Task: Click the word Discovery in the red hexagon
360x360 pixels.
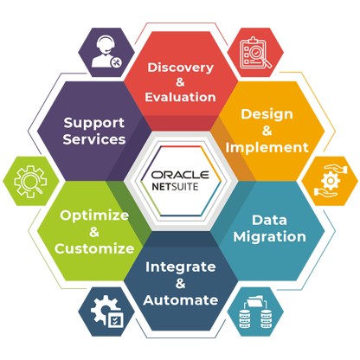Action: pyautogui.click(x=181, y=68)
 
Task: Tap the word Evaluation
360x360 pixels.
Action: pyautogui.click(x=181, y=97)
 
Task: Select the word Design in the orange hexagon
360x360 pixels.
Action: pyautogui.click(x=267, y=115)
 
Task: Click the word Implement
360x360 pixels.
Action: pyautogui.click(x=267, y=148)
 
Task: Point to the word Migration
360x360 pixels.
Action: pyautogui.click(x=269, y=237)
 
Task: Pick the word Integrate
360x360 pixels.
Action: pyautogui.click(x=181, y=267)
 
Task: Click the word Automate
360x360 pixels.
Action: pyautogui.click(x=181, y=300)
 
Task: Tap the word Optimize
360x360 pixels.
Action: pyautogui.click(x=94, y=215)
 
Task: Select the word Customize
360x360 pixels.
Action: pyautogui.click(x=94, y=248)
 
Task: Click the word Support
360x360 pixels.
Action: pyautogui.click(x=94, y=124)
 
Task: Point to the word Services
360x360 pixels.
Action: pyautogui.click(x=94, y=139)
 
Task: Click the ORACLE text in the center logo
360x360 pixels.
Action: pyautogui.click(x=180, y=175)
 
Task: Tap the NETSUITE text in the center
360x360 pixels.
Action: pyautogui.click(x=175, y=187)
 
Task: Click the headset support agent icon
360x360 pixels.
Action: pyautogui.click(x=106, y=52)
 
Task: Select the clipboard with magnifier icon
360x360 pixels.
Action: pyautogui.click(x=255, y=53)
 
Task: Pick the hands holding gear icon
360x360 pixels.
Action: pyautogui.click(x=330, y=181)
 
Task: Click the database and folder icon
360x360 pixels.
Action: pyautogui.click(x=255, y=312)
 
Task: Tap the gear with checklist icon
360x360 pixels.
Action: pyautogui.click(x=106, y=311)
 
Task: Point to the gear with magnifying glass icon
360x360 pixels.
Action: pyautogui.click(x=30, y=182)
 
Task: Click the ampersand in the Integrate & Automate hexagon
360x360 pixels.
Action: pyautogui.click(x=180, y=284)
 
